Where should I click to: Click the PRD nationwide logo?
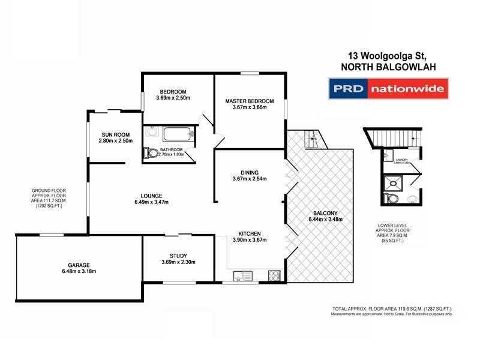(388, 90)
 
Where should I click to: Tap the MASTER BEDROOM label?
(250, 101)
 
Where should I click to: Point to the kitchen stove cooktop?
(274, 276)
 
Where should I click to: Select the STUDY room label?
(179, 254)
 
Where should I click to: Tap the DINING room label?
(249, 171)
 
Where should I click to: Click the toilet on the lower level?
(392, 199)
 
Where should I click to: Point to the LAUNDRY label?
(398, 159)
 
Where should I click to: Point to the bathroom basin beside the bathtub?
(151, 132)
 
